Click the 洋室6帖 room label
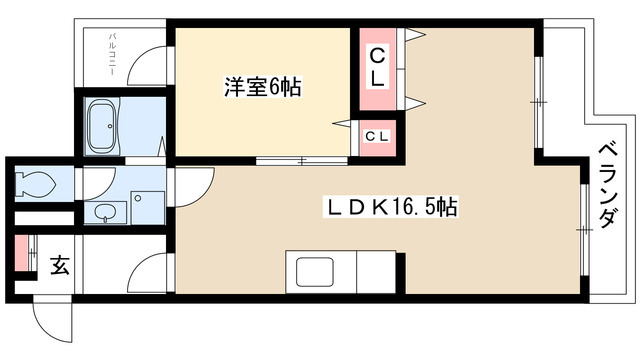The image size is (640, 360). click(x=261, y=88)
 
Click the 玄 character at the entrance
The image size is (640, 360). click(x=58, y=265)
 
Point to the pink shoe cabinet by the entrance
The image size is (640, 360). click(x=22, y=256)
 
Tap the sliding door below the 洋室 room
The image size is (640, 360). click(x=296, y=160)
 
